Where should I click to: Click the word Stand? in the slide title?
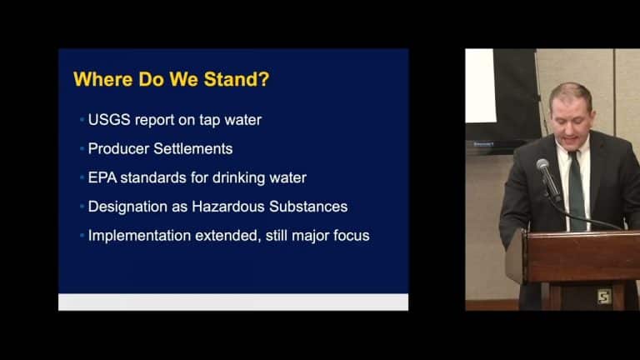pos(237,79)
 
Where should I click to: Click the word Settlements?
pos(193,149)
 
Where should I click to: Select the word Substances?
pos(308,207)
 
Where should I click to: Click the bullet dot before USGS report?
pos(82,120)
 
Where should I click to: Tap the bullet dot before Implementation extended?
pos(82,236)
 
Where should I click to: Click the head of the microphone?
pos(542,165)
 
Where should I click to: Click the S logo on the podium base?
pos(603,297)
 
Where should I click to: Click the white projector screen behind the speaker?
pos(480,86)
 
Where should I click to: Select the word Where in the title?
pos(103,79)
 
